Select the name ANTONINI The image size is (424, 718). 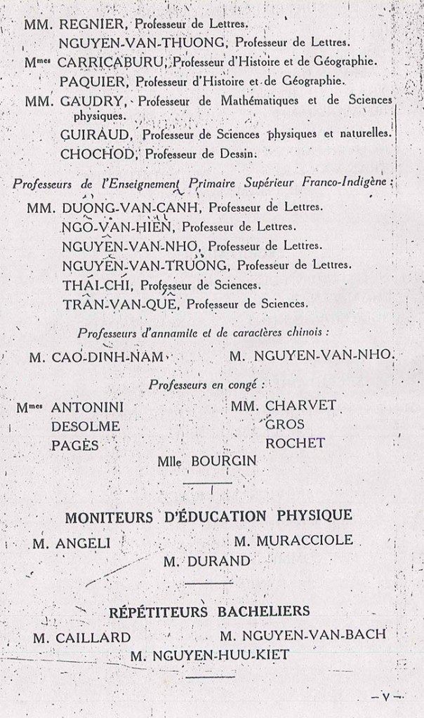(87, 407)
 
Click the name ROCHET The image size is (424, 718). (295, 443)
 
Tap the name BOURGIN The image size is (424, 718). (223, 461)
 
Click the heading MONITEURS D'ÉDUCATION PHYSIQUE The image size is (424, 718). (208, 517)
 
